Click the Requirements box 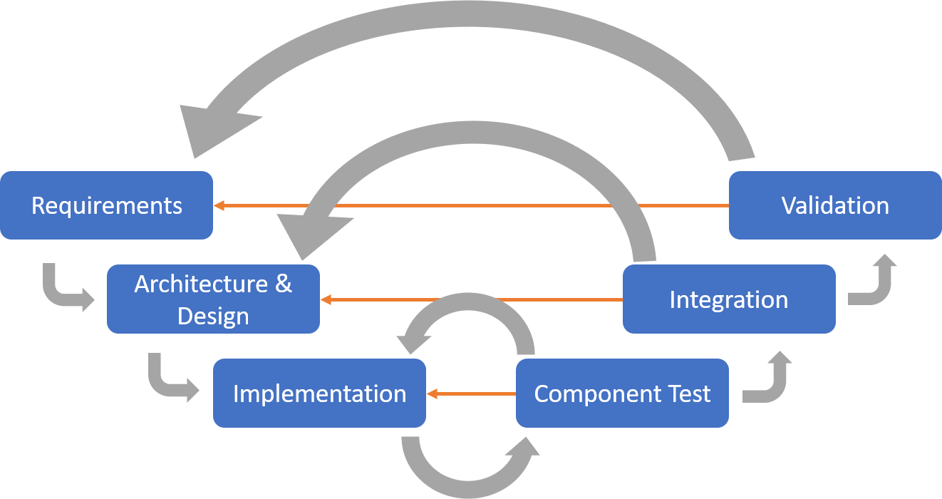106,205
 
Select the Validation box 834,205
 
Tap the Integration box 728,299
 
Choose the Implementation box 319,393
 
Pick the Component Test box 621,393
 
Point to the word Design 213,316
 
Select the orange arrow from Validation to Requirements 470,205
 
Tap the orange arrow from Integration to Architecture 470,299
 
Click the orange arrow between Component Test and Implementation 470,393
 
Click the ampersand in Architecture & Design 283,284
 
